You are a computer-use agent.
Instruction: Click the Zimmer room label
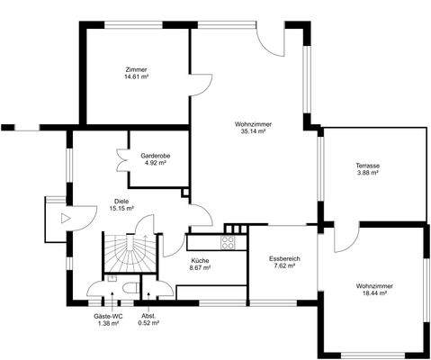137,69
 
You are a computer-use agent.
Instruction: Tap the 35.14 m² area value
254,131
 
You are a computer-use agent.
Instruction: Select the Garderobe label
156,156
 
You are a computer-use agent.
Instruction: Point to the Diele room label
121,202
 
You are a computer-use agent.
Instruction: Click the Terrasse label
368,166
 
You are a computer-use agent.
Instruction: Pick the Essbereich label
284,258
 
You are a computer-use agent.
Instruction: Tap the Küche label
200,261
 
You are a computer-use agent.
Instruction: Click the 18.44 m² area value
374,293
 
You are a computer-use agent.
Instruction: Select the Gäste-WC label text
108,316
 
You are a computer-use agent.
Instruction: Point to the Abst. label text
148,316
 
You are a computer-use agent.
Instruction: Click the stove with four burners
228,243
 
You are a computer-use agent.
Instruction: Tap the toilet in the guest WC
131,288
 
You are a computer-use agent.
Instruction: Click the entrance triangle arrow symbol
66,218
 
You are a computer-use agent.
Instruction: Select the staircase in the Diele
130,252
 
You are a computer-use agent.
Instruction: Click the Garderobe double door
122,160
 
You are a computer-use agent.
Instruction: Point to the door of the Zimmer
202,85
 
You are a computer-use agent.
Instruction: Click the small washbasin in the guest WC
112,278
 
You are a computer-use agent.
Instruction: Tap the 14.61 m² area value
137,76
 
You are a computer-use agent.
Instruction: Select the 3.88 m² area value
368,173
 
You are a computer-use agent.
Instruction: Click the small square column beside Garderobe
186,193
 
